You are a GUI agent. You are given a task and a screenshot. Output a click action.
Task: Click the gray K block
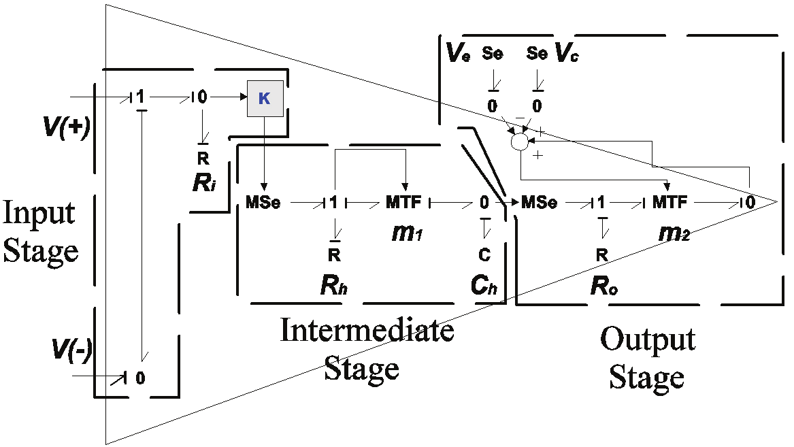pyautogui.click(x=265, y=98)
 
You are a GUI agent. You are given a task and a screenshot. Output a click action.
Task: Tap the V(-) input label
pyautogui.click(x=71, y=351)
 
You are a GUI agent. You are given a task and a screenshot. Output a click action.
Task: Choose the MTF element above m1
pyautogui.click(x=404, y=202)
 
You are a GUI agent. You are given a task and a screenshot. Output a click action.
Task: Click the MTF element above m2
pyautogui.click(x=670, y=202)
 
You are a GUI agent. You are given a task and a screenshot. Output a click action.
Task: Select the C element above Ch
pyautogui.click(x=484, y=254)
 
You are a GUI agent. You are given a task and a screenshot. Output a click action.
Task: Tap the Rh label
pyautogui.click(x=333, y=285)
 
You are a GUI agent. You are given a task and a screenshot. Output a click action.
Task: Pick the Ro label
pyautogui.click(x=603, y=285)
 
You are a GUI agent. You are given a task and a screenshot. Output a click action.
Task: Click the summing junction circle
pyautogui.click(x=520, y=142)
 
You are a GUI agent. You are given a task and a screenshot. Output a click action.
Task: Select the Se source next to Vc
pyautogui.click(x=537, y=54)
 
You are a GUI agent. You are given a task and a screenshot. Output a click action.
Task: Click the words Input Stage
pyautogui.click(x=41, y=233)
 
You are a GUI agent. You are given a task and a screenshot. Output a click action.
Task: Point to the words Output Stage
pyautogui.click(x=647, y=357)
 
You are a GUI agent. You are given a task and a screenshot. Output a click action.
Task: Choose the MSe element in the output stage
pyautogui.click(x=540, y=202)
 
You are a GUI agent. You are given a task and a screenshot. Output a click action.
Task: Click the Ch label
pyautogui.click(x=484, y=285)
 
